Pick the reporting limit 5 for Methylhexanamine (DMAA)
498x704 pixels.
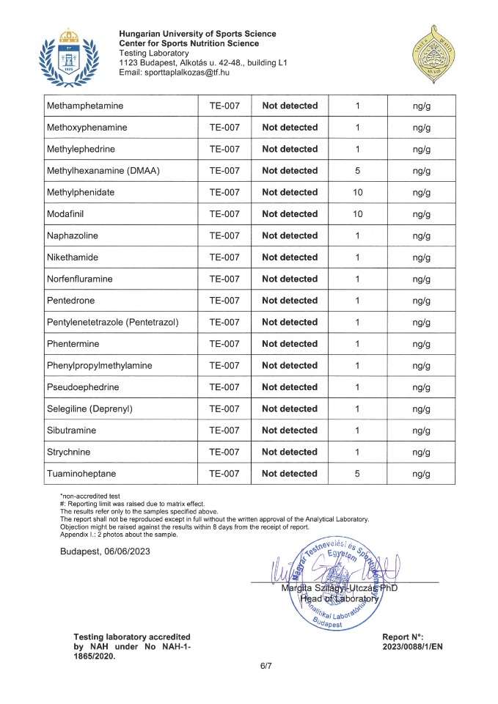pyautogui.click(x=356, y=171)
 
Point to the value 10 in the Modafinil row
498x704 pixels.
pyautogui.click(x=356, y=214)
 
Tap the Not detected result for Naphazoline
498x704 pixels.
pyautogui.click(x=289, y=235)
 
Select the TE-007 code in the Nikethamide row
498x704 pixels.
pyautogui.click(x=224, y=257)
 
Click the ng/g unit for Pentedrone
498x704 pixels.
pyautogui.click(x=420, y=301)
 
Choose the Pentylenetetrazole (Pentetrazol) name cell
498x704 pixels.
pyautogui.click(x=112, y=322)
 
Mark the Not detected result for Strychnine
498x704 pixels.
pyautogui.click(x=289, y=452)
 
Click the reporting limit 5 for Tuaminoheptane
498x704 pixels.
pyautogui.click(x=356, y=474)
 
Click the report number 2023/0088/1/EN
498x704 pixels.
pyautogui.click(x=412, y=646)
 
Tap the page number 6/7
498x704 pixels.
pyautogui.click(x=266, y=666)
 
